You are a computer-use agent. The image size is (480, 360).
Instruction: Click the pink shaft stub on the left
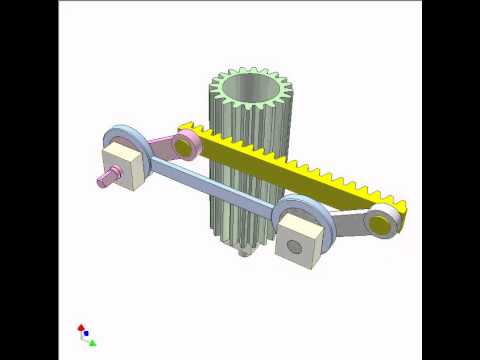click(x=104, y=181)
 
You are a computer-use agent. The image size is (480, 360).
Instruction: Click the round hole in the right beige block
click(x=294, y=243)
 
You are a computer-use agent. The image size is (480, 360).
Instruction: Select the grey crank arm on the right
click(x=350, y=225)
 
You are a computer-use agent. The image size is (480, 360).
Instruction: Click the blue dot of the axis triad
click(x=85, y=333)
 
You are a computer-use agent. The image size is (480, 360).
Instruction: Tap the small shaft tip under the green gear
click(x=244, y=256)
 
